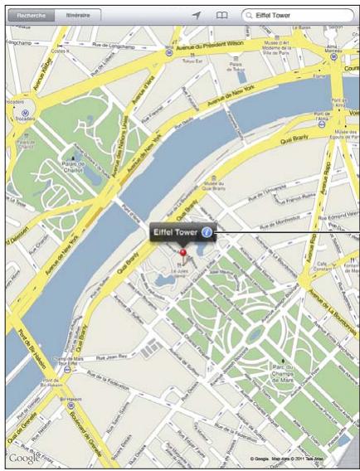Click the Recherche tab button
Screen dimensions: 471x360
tap(30, 15)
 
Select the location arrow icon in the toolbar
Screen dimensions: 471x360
tap(197, 15)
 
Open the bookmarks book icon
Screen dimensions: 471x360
tap(221, 15)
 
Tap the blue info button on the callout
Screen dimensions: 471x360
tap(207, 234)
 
